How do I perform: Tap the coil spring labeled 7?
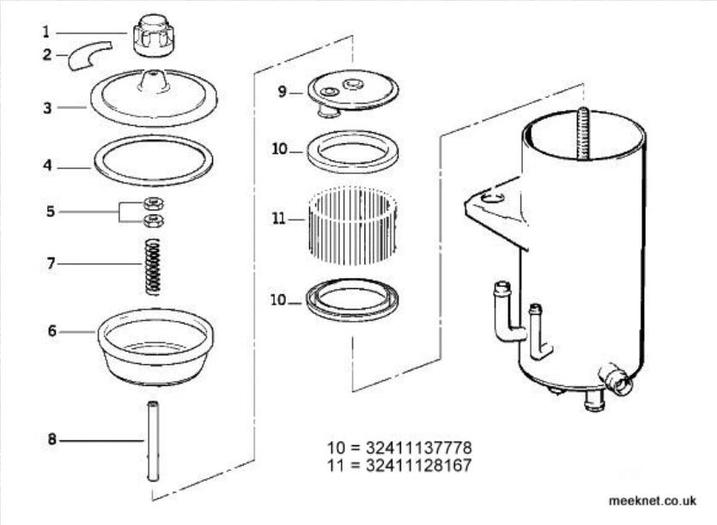pyautogui.click(x=153, y=267)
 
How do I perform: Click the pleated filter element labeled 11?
pyautogui.click(x=352, y=227)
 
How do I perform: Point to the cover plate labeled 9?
pyautogui.click(x=353, y=94)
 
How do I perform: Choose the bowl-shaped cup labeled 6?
pyautogui.click(x=155, y=347)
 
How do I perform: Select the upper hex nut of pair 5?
pyautogui.click(x=154, y=204)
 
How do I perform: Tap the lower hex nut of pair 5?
pyautogui.click(x=154, y=220)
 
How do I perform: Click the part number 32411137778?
pyautogui.click(x=418, y=447)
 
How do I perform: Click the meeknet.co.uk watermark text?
pyautogui.click(x=653, y=501)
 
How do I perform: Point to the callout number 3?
pyautogui.click(x=47, y=108)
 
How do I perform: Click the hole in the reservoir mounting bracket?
pyautogui.click(x=493, y=198)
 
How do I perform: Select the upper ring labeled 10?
pyautogui.click(x=352, y=152)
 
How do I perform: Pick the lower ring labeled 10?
pyautogui.click(x=352, y=299)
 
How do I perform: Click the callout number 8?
pyautogui.click(x=52, y=440)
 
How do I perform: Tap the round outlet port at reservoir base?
pyautogui.click(x=618, y=382)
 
